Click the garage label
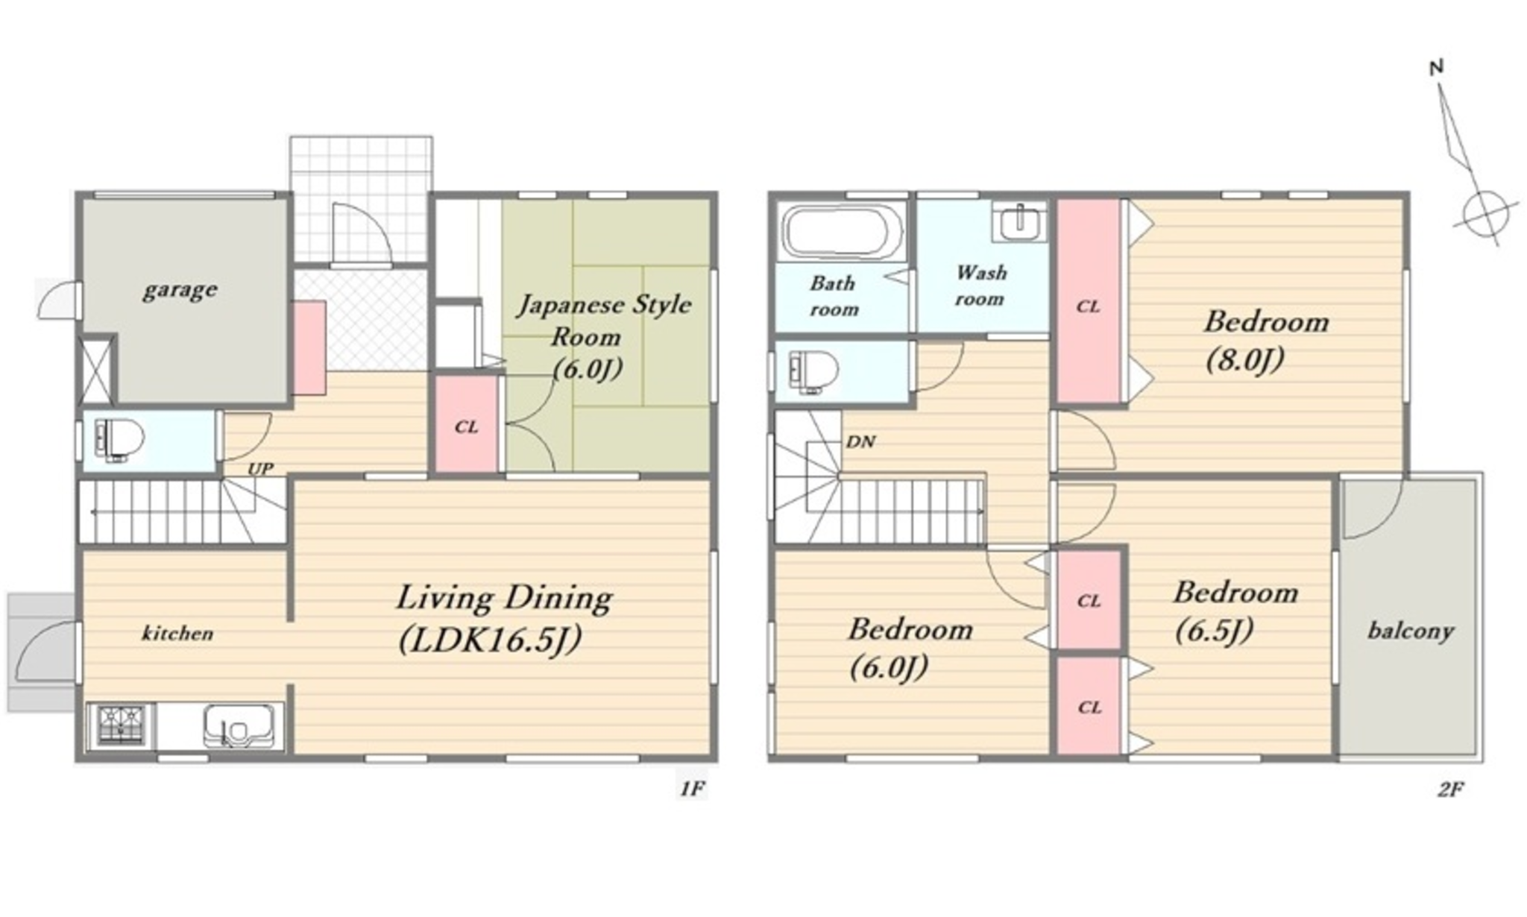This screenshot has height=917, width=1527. point(180,290)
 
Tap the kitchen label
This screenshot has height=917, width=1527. point(177,634)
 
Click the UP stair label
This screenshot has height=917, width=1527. point(260,469)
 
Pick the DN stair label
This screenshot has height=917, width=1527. point(860,441)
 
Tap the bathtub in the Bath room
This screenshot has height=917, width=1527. point(841,230)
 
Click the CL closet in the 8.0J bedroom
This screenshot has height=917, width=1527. point(1089,302)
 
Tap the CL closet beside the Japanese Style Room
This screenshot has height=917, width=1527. point(467,424)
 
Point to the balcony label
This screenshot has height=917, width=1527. point(1411,632)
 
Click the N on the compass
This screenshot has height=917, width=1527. point(1437,67)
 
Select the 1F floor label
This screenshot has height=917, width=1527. point(693,788)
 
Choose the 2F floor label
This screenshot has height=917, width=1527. point(1450,789)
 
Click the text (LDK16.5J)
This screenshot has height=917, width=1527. point(490,640)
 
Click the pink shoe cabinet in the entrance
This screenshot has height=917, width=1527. point(309,347)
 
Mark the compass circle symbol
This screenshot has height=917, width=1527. point(1486,214)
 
